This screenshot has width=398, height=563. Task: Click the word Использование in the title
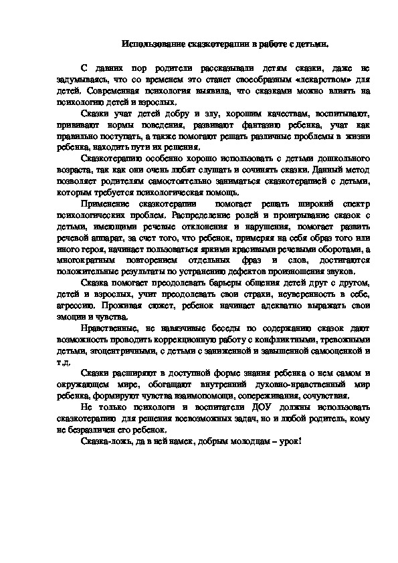[x=151, y=44]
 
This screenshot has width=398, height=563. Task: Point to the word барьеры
[x=217, y=284]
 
